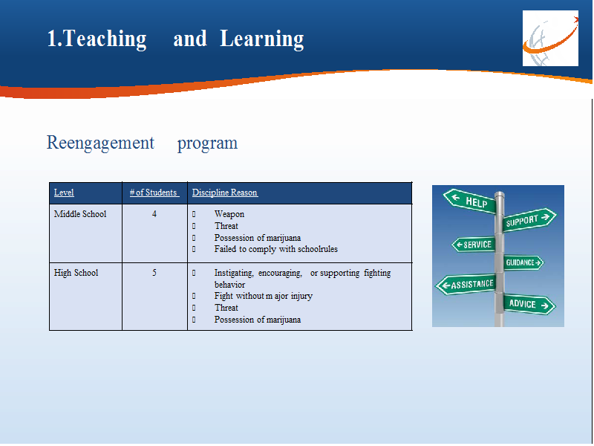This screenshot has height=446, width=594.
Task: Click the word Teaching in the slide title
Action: pyautogui.click(x=105, y=39)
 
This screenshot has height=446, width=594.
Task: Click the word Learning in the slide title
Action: pyautogui.click(x=262, y=39)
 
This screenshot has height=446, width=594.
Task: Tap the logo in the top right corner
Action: pyautogui.click(x=550, y=39)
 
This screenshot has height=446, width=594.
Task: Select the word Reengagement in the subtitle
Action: pyautogui.click(x=100, y=143)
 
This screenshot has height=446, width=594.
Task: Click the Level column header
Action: pyautogui.click(x=64, y=193)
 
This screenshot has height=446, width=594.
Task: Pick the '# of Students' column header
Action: pyautogui.click(x=154, y=193)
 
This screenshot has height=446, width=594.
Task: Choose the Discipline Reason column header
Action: pyautogui.click(x=225, y=193)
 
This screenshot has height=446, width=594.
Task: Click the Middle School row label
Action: pyautogui.click(x=80, y=214)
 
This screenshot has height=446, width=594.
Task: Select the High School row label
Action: pyautogui.click(x=76, y=273)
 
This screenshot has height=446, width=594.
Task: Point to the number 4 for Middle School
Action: pyautogui.click(x=154, y=214)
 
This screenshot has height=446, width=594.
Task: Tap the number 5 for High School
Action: pyautogui.click(x=154, y=273)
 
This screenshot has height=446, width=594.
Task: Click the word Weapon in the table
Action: pyautogui.click(x=229, y=214)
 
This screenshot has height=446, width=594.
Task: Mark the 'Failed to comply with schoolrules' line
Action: pyautogui.click(x=275, y=249)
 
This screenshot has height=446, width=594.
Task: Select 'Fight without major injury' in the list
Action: pyautogui.click(x=264, y=296)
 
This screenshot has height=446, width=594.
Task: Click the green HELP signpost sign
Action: pyautogui.click(x=470, y=201)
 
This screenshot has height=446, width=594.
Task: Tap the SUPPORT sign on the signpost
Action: pyautogui.click(x=529, y=219)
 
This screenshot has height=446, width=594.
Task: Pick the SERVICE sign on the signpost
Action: pyautogui.click(x=474, y=245)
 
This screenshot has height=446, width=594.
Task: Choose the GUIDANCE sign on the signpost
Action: pyautogui.click(x=523, y=262)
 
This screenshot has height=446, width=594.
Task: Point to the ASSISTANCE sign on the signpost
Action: pyautogui.click(x=466, y=285)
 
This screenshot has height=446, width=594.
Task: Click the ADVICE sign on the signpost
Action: pyautogui.click(x=529, y=304)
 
